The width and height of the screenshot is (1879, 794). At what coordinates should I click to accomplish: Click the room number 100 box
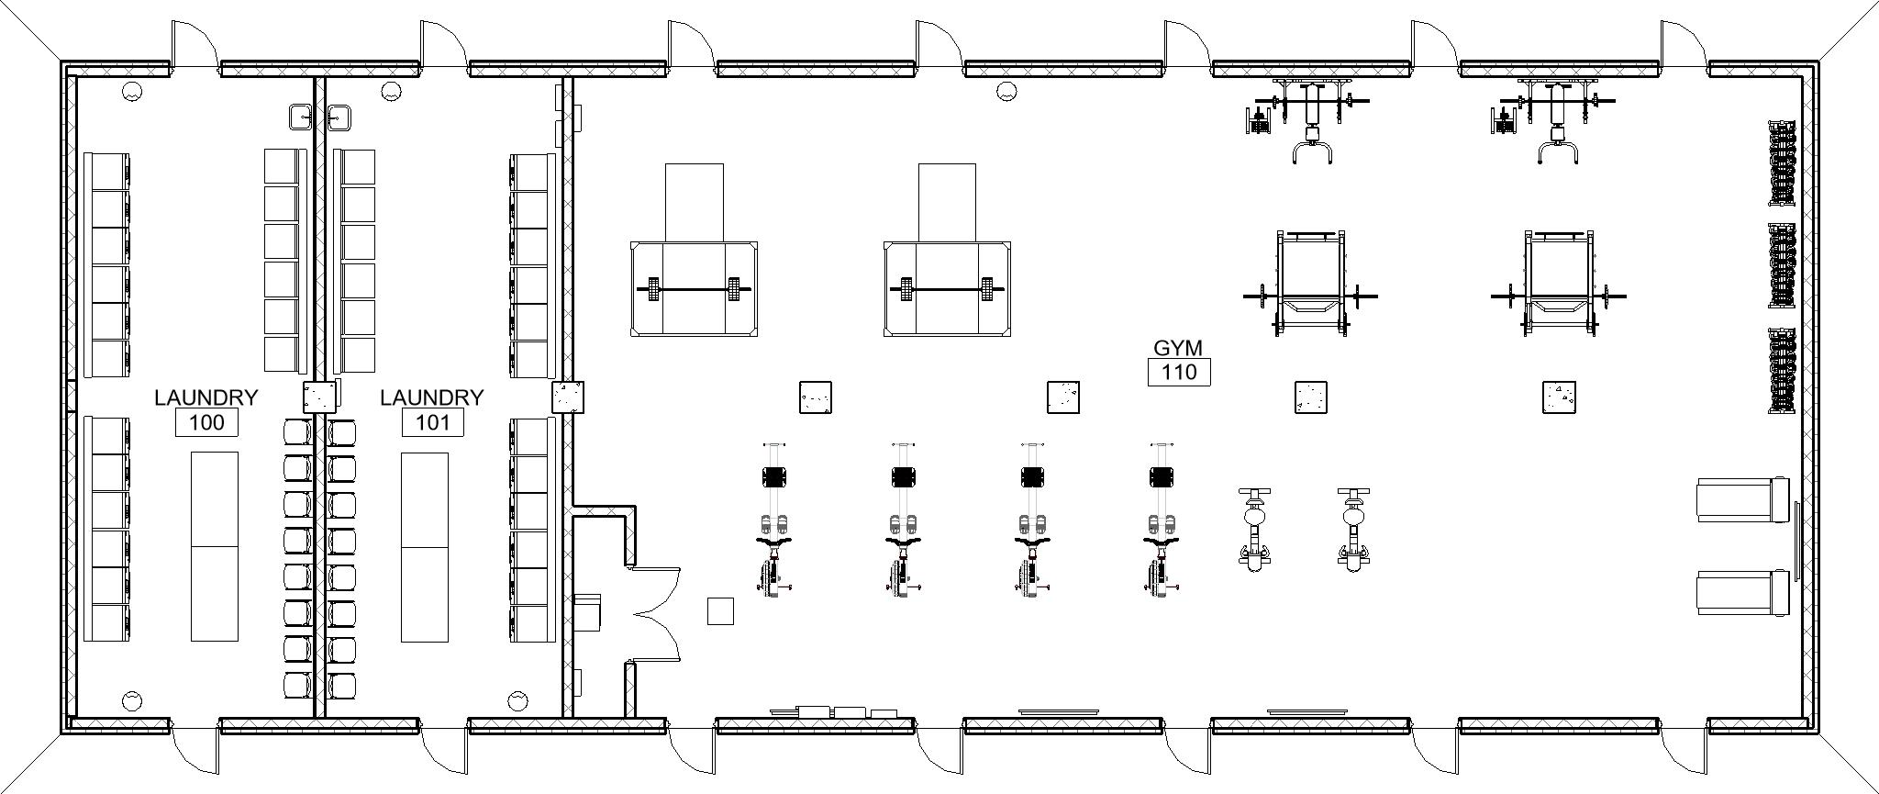[x=206, y=422]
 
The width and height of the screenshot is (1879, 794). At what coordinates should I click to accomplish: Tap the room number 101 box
[x=432, y=422]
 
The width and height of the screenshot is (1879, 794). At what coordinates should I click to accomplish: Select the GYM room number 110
[x=1178, y=372]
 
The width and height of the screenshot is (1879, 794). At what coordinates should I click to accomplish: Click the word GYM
[x=1177, y=348]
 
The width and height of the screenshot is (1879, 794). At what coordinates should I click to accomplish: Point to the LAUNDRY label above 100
[x=206, y=397]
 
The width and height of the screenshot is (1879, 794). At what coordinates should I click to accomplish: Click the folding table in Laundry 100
[x=214, y=546]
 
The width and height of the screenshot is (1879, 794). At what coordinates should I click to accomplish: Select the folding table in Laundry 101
[x=425, y=546]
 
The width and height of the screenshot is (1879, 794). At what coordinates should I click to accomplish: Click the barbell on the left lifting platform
[x=694, y=289]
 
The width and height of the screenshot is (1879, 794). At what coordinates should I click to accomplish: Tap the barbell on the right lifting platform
[x=947, y=289]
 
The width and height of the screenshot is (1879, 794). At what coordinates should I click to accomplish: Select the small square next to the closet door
[x=720, y=610]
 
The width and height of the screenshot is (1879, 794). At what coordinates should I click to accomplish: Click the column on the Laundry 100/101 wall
[x=320, y=397]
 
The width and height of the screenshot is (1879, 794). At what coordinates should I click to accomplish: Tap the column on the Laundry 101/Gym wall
[x=568, y=397]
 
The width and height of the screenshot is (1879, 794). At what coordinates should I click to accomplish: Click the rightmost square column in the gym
[x=1558, y=397]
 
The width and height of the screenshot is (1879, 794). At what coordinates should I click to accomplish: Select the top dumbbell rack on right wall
[x=1781, y=162]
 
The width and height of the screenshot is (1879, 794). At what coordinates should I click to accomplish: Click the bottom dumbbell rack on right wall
[x=1781, y=370]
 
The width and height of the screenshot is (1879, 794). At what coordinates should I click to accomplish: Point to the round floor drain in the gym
[x=1006, y=91]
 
